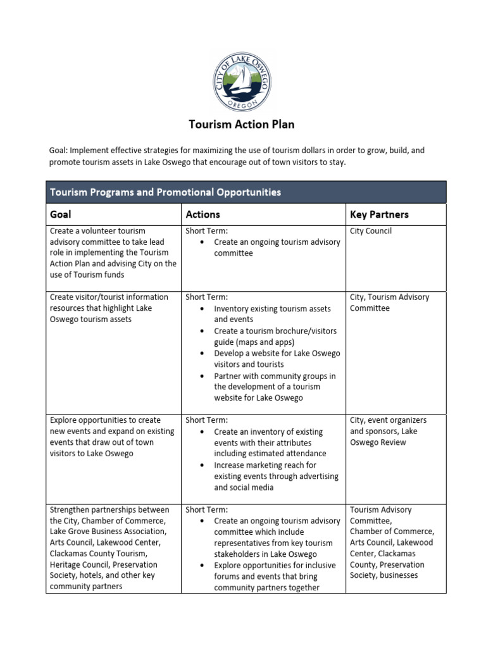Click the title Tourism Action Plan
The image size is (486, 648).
click(242, 124)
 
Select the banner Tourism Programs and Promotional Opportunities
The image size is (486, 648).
click(165, 192)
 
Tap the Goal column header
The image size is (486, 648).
click(61, 215)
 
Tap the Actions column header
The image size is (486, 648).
click(202, 215)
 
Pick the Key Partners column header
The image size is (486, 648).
click(379, 215)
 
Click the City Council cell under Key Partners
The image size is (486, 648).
click(371, 231)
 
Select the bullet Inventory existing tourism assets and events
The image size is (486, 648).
click(272, 314)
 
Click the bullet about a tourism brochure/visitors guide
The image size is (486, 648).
click(275, 336)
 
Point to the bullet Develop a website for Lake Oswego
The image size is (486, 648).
click(277, 358)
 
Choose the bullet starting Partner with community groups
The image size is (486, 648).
click(275, 387)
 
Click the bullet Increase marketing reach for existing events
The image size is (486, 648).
click(276, 476)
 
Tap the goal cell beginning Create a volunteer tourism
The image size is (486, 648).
click(113, 252)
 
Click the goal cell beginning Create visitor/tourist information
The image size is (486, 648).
click(109, 308)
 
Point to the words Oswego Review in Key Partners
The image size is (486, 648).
click(378, 442)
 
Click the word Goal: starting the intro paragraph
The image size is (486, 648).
click(59, 151)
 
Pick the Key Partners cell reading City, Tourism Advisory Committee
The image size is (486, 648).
click(389, 302)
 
